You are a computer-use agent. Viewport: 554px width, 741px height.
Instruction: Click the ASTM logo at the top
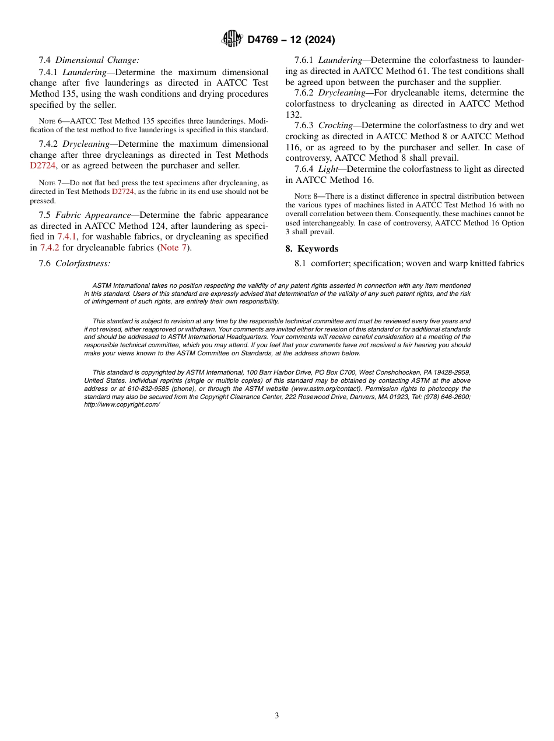click(x=232, y=40)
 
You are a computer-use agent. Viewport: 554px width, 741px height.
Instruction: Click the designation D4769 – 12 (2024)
click(x=291, y=40)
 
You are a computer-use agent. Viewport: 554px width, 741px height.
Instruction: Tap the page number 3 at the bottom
click(x=276, y=715)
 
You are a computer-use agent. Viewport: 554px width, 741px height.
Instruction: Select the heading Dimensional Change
click(x=97, y=59)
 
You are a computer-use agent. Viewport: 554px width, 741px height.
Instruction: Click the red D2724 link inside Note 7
click(x=123, y=191)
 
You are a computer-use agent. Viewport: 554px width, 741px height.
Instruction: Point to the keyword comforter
click(x=329, y=263)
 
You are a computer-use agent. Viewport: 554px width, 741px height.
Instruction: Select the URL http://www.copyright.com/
click(x=121, y=404)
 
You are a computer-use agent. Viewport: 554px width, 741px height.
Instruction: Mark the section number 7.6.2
click(x=304, y=93)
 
